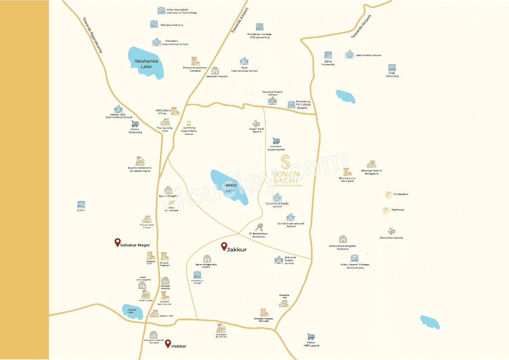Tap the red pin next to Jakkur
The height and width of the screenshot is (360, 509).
pyautogui.click(x=224, y=246)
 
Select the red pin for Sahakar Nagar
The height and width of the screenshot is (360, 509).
pyautogui.click(x=117, y=242)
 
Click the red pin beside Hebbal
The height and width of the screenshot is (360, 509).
pyautogui.click(x=168, y=343)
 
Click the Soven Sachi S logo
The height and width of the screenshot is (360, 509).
pyautogui.click(x=285, y=162)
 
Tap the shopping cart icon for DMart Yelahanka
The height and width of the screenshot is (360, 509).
pyautogui.click(x=135, y=124)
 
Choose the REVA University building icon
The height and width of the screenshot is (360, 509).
pyautogui.click(x=328, y=55)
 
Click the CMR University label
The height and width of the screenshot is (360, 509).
pyautogui.click(x=392, y=74)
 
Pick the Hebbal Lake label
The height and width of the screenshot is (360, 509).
pyautogui.click(x=132, y=311)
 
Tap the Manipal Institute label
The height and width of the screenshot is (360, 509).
pyautogui.click(x=172, y=25)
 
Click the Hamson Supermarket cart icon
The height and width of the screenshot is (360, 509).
pyautogui.click(x=276, y=141)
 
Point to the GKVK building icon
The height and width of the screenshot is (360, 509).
pyautogui.click(x=81, y=204)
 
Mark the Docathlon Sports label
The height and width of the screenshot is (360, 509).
pyautogui.click(x=391, y=238)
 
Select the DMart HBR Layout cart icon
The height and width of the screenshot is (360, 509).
pyautogui.click(x=311, y=337)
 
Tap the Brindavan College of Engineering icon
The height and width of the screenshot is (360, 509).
pyautogui.click(x=260, y=27)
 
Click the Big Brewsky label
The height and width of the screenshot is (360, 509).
pyautogui.click(x=398, y=210)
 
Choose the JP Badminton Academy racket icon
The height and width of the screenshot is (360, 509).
pyautogui.click(x=259, y=227)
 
